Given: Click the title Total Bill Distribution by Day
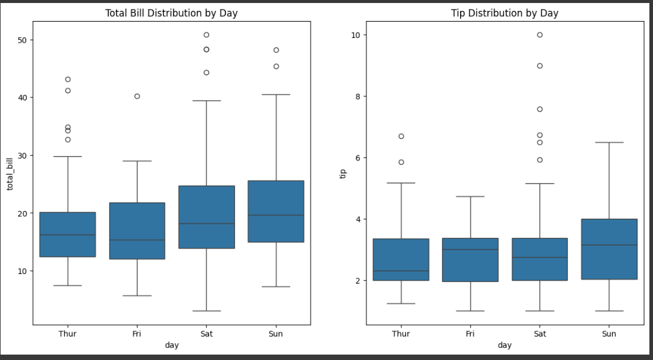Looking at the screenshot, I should point(171,13).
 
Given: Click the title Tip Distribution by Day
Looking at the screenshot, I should point(505,13).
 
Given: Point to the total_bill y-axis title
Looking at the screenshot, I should point(10,173).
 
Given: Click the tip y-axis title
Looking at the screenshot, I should point(344,173).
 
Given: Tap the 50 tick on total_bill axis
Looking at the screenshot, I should point(20,40).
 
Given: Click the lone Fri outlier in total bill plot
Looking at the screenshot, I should point(137,96).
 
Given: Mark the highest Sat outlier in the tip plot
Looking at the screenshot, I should point(539,35).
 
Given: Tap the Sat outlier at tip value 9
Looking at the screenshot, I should point(539,66).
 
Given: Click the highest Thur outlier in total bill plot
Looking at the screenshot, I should point(68,79).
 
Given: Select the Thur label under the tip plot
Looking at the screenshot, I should point(401,334).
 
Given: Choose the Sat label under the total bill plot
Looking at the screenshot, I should point(207,334).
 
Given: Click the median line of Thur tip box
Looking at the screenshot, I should point(401,271).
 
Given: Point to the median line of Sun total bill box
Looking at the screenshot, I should point(276,215).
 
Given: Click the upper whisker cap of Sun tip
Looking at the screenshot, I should point(609,142).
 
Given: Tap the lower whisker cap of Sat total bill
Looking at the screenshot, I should point(207,311).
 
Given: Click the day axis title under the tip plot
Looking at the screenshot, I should point(505,345).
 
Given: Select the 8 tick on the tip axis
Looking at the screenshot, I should point(356,96).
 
